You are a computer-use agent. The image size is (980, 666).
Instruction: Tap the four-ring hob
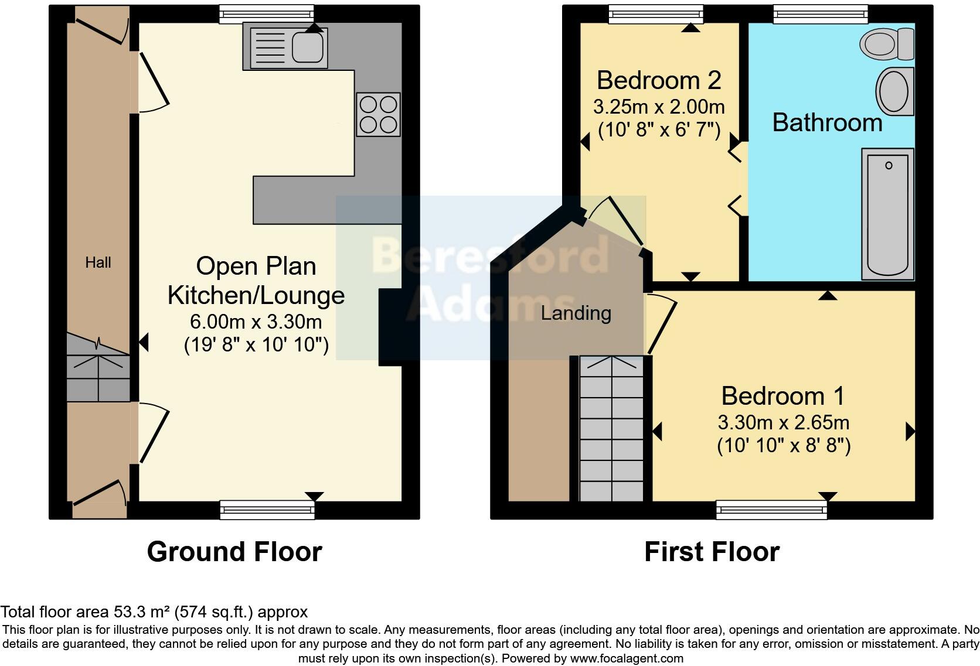[x=378, y=114]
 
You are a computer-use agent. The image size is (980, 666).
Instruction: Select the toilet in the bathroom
[x=887, y=43]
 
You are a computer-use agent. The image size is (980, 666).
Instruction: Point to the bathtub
[x=887, y=214]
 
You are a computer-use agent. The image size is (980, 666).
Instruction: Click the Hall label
[x=98, y=262]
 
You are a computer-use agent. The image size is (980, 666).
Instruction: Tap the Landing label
[x=576, y=313]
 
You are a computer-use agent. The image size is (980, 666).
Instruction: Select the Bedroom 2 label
[x=658, y=80]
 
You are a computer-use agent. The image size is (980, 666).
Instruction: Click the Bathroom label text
[x=827, y=123]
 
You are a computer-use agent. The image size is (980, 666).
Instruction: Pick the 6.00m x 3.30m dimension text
[x=256, y=322]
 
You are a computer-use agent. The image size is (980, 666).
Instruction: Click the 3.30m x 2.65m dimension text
[x=784, y=422]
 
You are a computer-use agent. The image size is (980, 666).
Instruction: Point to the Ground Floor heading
[x=234, y=552]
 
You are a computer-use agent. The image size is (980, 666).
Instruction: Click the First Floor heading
[x=712, y=552]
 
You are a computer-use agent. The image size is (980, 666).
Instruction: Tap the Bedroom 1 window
[x=771, y=510]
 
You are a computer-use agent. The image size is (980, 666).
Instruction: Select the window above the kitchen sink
[x=267, y=14]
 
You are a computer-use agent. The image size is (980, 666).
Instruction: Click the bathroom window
[x=820, y=14]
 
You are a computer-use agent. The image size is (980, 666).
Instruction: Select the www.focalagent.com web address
[x=626, y=658]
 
